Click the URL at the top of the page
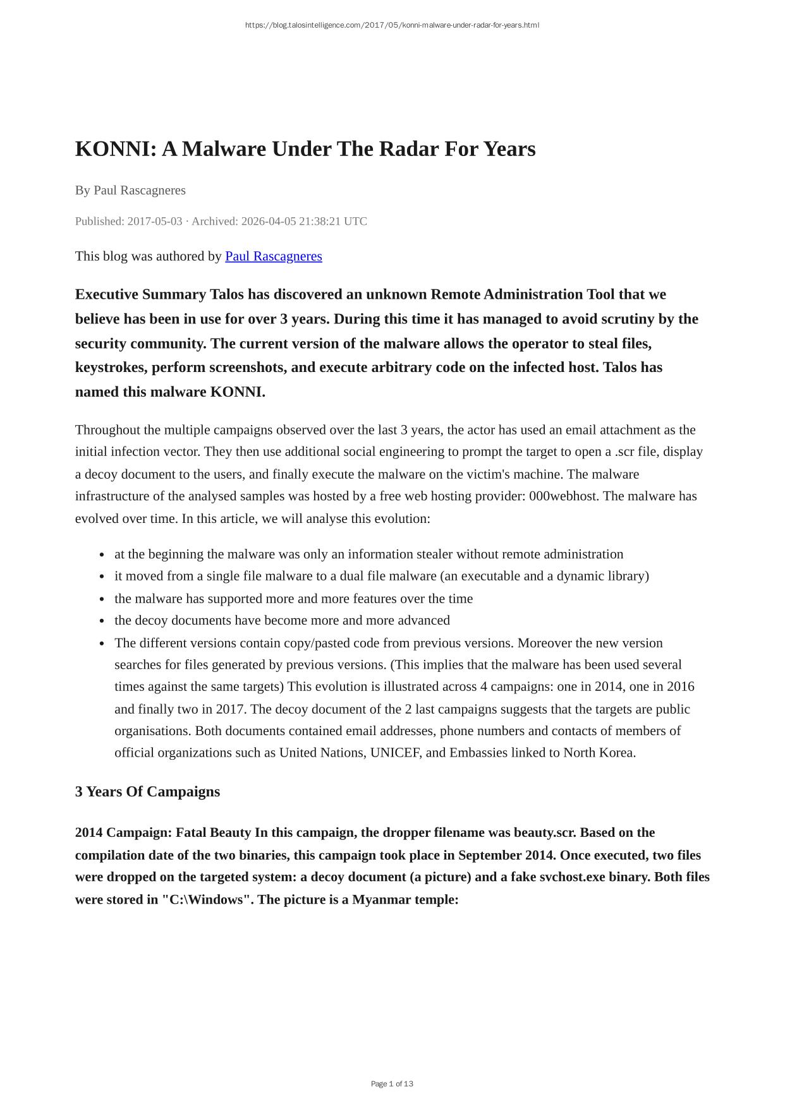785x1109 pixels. [x=392, y=25]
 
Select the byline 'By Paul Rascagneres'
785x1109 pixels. [x=130, y=190]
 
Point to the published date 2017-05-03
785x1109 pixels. [x=154, y=221]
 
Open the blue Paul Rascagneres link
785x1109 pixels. [x=273, y=256]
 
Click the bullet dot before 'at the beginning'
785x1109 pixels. [x=102, y=555]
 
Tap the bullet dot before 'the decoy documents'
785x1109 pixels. [x=102, y=621]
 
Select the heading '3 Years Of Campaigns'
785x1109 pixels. [x=147, y=792]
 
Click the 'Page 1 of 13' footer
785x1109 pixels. [x=392, y=1084]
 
